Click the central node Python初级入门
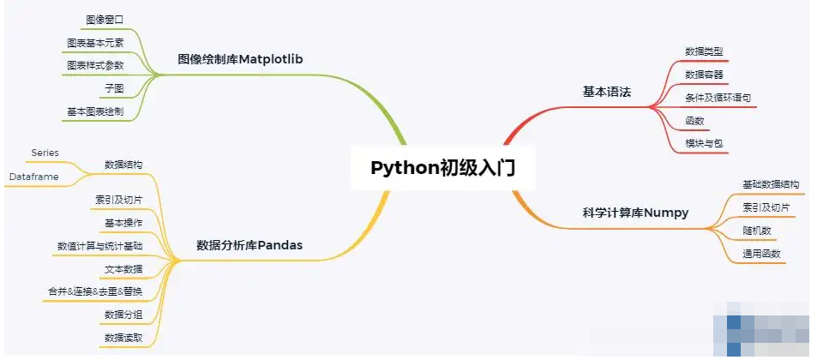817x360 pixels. [x=442, y=166]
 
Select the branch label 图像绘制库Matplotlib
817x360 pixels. [x=241, y=60]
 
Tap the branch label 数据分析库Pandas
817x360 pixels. [x=249, y=246]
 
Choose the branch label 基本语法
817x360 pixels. [x=606, y=91]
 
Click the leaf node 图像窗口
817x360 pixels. [x=105, y=19]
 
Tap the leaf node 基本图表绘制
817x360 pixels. [x=94, y=111]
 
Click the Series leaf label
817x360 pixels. [x=45, y=153]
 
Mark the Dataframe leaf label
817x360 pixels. [x=35, y=176]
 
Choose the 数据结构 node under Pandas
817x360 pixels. [x=123, y=165]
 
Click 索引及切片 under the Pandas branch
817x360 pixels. [x=119, y=200]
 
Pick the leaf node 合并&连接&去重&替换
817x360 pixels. [x=95, y=292]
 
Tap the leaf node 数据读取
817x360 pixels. [x=123, y=339]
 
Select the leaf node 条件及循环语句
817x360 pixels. [x=718, y=98]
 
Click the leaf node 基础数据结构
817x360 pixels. [x=771, y=184]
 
